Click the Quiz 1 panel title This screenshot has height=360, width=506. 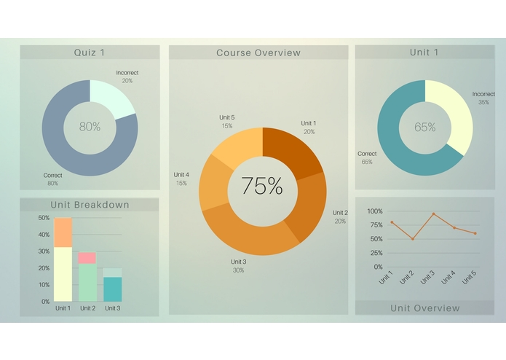(x=90, y=52)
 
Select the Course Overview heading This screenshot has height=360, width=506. (x=258, y=53)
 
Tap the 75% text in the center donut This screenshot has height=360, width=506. (x=261, y=187)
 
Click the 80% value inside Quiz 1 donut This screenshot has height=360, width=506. (x=90, y=127)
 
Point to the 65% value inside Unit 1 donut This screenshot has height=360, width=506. (x=425, y=128)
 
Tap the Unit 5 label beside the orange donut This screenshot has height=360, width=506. (x=227, y=117)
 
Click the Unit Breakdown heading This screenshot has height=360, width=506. (x=90, y=205)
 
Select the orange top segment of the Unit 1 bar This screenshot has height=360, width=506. (x=63, y=232)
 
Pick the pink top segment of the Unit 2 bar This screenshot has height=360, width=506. (x=87, y=258)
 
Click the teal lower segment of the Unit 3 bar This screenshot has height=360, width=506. (x=112, y=289)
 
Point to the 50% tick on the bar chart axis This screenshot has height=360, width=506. (x=43, y=218)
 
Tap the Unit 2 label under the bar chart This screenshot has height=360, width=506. (x=87, y=308)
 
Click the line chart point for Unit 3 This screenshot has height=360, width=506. (x=433, y=214)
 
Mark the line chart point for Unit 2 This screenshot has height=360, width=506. (x=413, y=239)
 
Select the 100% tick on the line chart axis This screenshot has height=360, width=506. (x=374, y=211)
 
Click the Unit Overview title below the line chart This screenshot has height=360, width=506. (x=424, y=308)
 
